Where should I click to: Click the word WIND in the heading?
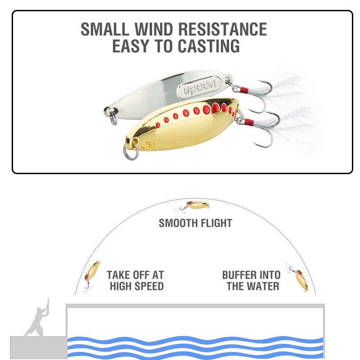(153, 29)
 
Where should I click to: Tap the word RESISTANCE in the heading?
(222, 29)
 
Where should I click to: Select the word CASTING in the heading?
(209, 46)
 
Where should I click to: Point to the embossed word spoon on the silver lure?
(200, 86)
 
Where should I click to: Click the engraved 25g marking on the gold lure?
(149, 145)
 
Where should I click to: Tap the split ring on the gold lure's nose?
(131, 151)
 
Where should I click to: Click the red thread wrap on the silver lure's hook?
(244, 90)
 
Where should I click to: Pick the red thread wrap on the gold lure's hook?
(249, 122)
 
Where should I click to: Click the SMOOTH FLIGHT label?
(195, 223)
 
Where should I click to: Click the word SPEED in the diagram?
(149, 286)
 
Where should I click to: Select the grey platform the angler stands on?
(38, 347)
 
